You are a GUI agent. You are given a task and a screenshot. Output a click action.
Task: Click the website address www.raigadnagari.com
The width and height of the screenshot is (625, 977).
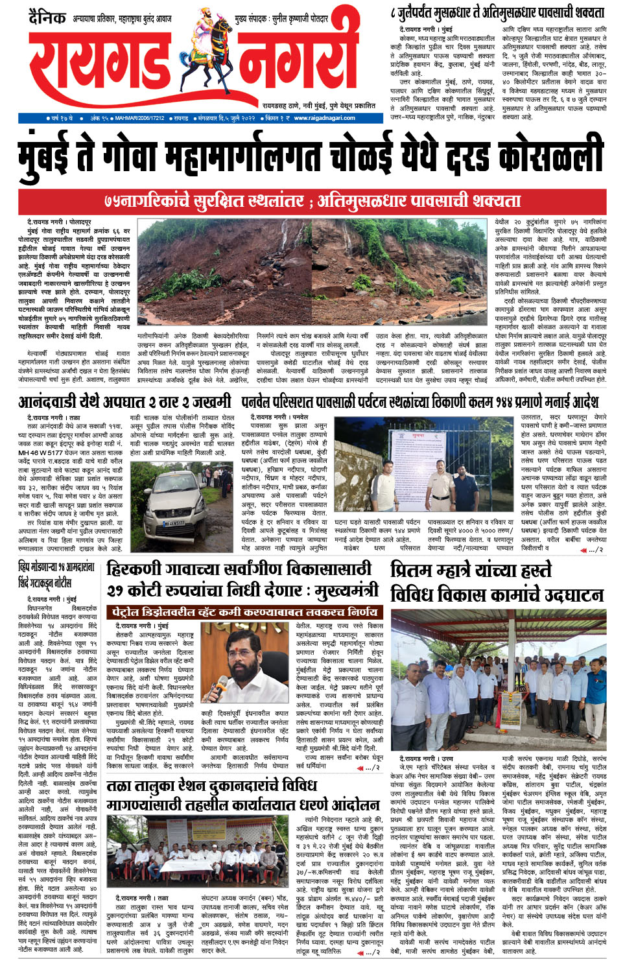point(324,118)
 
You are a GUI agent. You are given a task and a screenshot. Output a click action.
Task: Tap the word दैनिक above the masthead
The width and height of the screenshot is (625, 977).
point(47,18)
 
